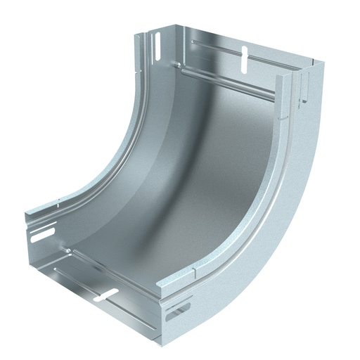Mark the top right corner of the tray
321,62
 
